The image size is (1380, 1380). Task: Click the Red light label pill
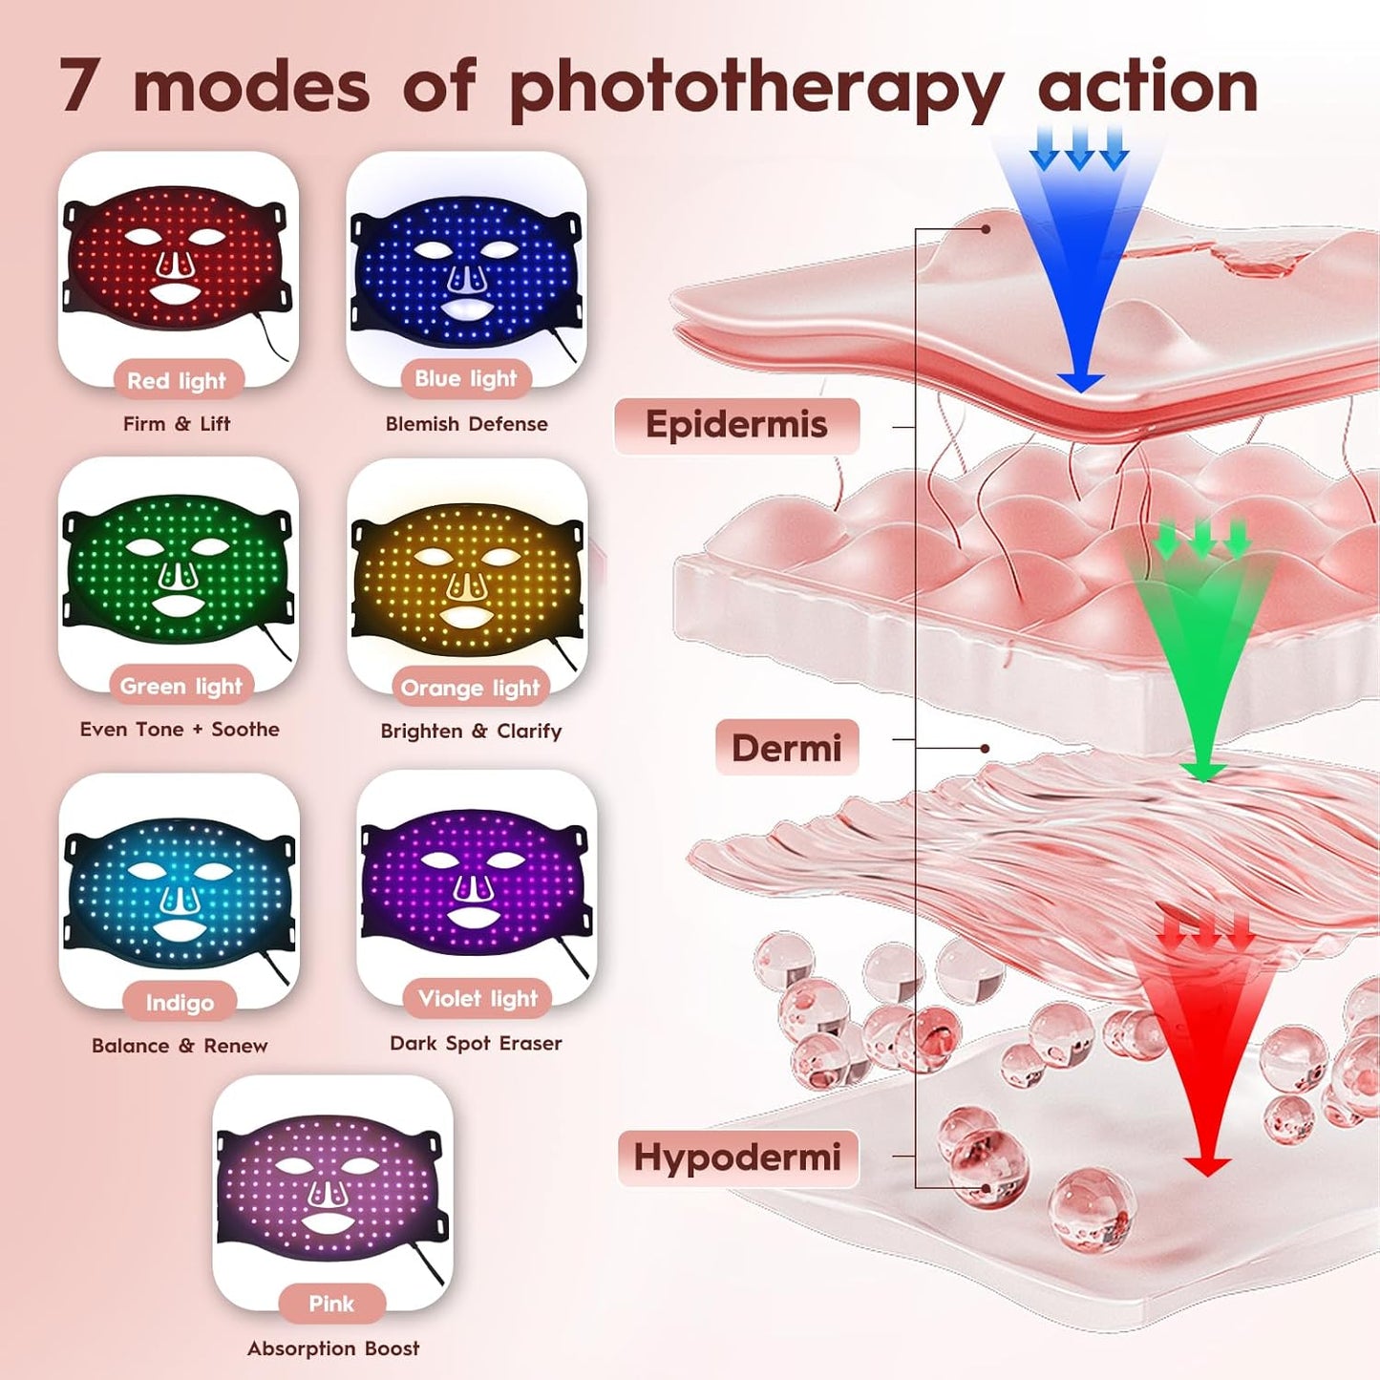point(177,381)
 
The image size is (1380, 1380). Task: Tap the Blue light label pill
point(465,378)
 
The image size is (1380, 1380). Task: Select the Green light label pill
point(181,686)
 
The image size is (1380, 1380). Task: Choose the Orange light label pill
point(470,689)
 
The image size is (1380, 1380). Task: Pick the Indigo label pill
point(180,1003)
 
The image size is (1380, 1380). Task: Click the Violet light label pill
point(478,998)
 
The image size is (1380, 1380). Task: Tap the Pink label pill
point(331,1304)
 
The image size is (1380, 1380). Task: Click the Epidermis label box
point(737,425)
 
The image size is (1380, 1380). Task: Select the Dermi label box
point(786,748)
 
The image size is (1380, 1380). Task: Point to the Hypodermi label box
point(737,1158)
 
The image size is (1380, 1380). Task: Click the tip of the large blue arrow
point(1081,393)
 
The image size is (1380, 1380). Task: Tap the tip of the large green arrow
point(1203,782)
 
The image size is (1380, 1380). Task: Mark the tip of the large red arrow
point(1207,1177)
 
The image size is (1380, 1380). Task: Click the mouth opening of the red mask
point(177,291)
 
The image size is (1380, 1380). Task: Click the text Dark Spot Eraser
point(476,1044)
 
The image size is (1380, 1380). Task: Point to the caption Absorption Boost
point(333,1348)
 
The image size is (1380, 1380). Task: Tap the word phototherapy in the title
point(754,89)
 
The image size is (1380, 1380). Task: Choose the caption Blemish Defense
point(466,424)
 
